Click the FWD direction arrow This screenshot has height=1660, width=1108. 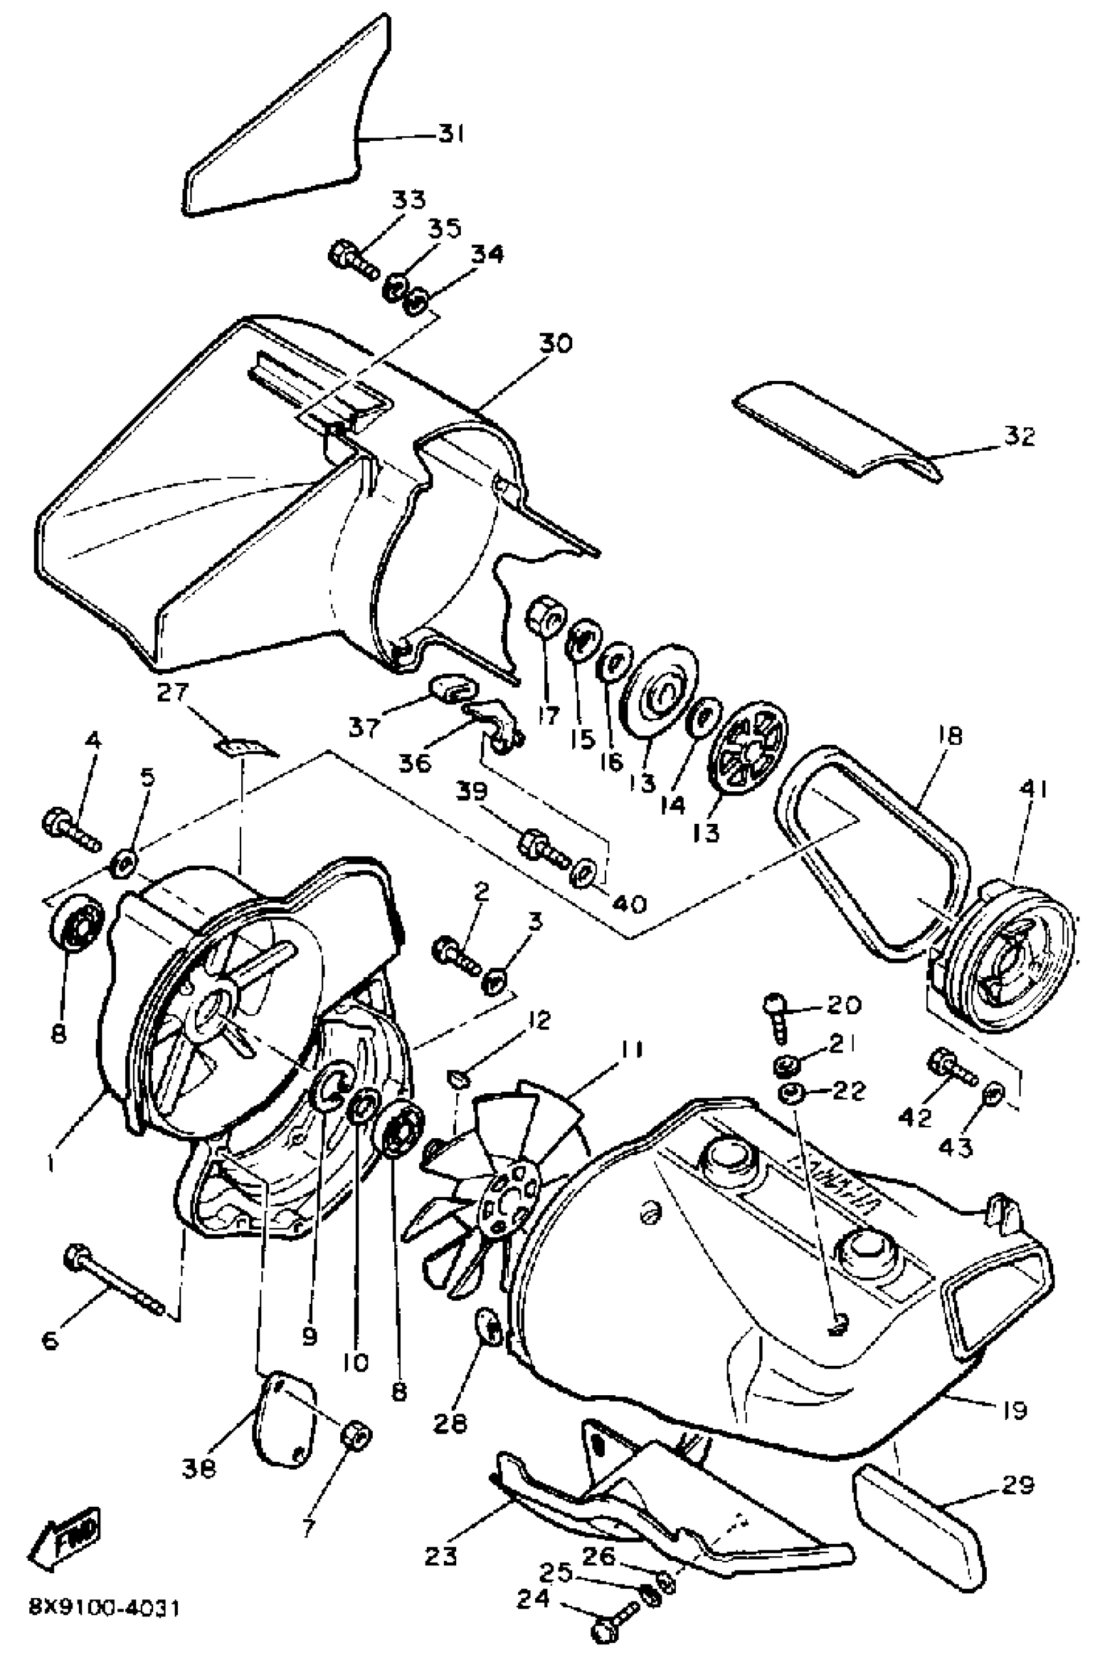64,1534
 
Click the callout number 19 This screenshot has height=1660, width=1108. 1014,1410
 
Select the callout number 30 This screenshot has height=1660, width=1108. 556,344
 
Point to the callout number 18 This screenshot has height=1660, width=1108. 950,738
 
